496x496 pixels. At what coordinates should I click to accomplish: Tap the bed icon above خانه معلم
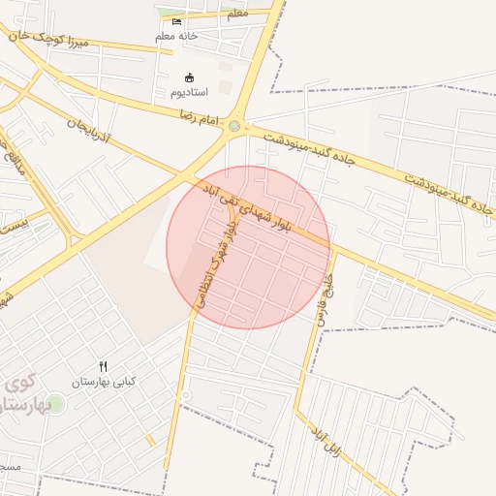click(176, 20)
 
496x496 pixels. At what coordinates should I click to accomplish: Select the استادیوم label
click(190, 93)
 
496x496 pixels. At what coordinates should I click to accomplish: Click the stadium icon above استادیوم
click(190, 77)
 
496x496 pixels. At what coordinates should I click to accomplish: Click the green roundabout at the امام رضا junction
click(233, 125)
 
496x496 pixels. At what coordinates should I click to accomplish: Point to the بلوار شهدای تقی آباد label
click(255, 210)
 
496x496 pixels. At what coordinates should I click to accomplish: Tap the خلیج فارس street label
click(324, 290)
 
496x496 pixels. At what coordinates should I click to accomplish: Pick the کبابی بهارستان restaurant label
click(104, 382)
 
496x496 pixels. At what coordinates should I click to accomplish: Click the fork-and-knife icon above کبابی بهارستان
click(104, 366)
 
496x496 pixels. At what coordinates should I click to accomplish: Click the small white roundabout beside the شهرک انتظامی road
click(185, 396)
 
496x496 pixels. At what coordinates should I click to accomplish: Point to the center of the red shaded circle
click(248, 247)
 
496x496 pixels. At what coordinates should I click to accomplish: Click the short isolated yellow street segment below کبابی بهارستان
click(150, 441)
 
